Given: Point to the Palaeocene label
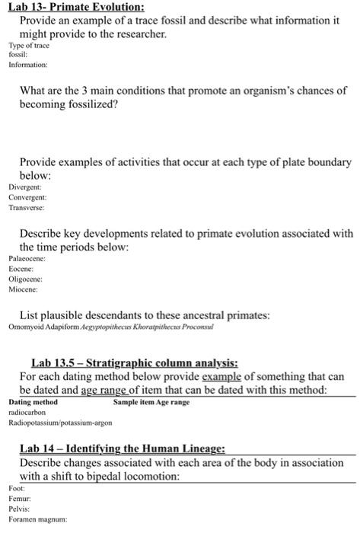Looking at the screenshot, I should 27,260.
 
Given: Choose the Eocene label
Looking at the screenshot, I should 22,270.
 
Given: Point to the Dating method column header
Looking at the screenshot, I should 33,401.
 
